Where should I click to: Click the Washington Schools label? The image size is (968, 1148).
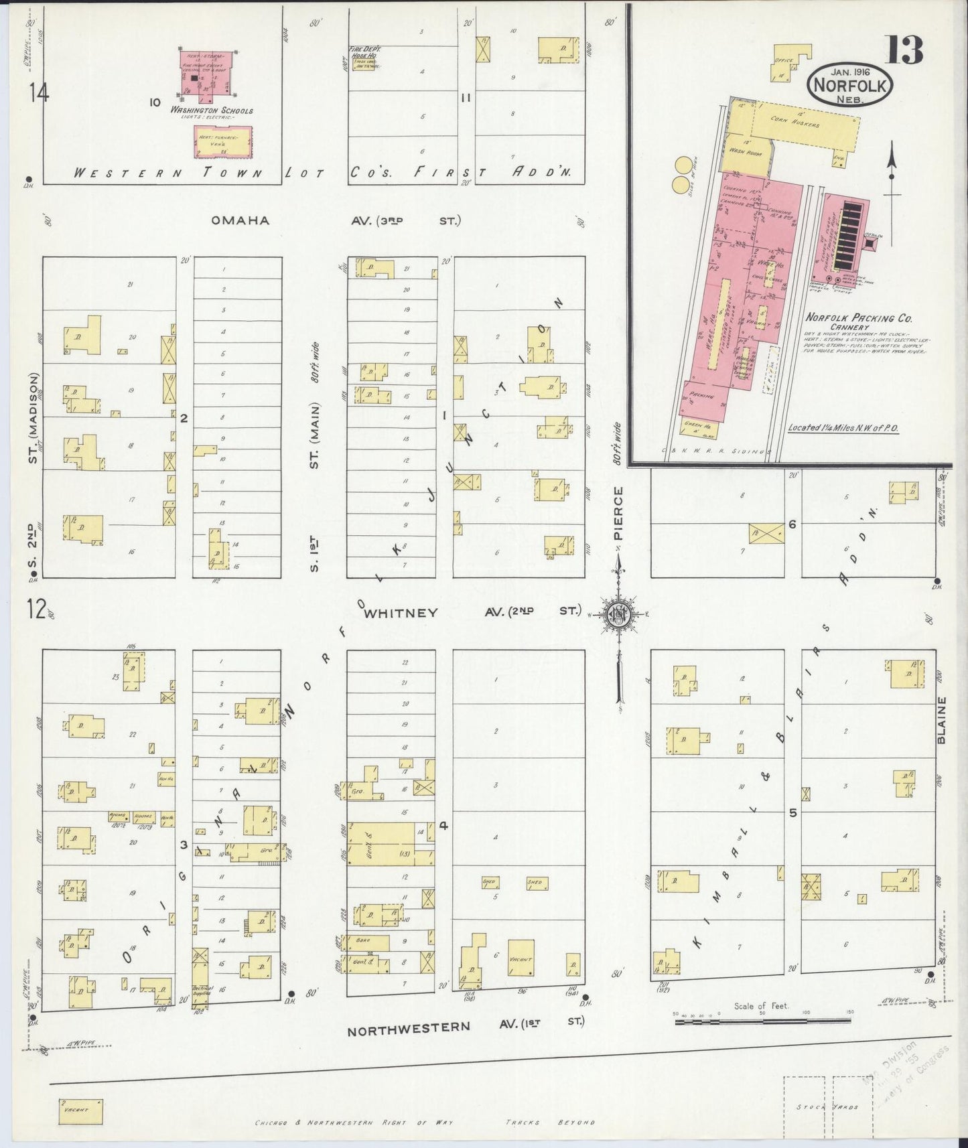211,111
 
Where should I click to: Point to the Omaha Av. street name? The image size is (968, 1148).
240,220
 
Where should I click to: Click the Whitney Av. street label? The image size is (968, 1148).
401,612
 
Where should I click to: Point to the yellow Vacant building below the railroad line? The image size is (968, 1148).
80,1110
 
